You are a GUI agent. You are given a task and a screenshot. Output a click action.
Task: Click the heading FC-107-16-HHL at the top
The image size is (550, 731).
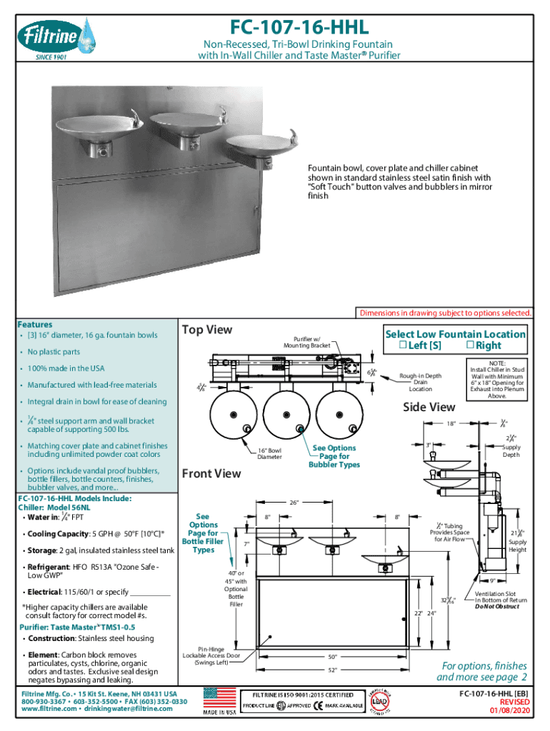pyautogui.click(x=299, y=27)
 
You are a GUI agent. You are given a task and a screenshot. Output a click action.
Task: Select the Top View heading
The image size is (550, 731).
pyautogui.click(x=207, y=330)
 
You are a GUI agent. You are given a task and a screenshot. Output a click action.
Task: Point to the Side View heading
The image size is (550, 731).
pyautogui.click(x=429, y=407)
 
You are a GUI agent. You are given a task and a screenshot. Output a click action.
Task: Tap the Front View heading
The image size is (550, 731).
pyautogui.click(x=211, y=473)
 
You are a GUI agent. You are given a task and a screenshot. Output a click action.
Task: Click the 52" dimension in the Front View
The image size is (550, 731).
pyautogui.click(x=332, y=670)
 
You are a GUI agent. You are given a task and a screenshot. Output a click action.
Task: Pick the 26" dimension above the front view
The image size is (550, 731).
pyautogui.click(x=333, y=502)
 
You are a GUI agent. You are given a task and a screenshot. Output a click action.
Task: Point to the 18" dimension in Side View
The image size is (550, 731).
pyautogui.click(x=451, y=423)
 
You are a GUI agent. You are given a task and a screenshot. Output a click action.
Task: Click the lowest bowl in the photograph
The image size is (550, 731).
pyautogui.click(x=261, y=148)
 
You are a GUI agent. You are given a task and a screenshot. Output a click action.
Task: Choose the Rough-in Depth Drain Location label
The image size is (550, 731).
pyautogui.click(x=420, y=382)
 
